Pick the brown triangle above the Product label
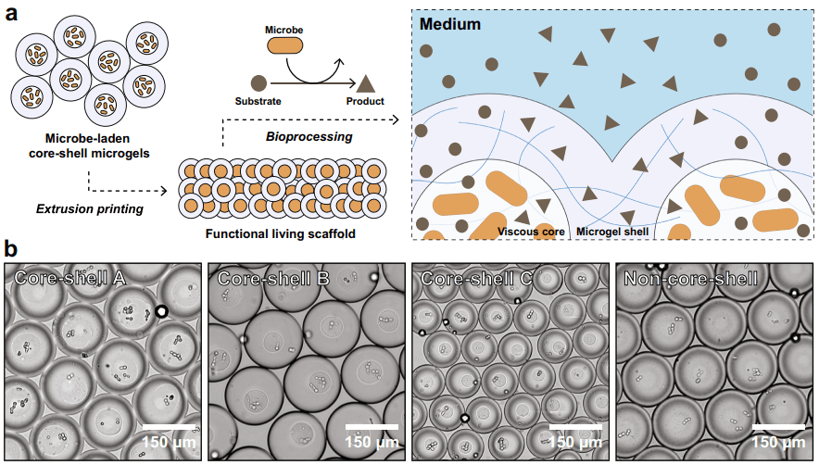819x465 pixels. click(366, 82)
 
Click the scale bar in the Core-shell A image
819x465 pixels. click(170, 427)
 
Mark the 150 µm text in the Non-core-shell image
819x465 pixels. click(778, 442)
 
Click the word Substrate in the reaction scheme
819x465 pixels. click(258, 101)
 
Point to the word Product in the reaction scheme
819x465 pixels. click(365, 101)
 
